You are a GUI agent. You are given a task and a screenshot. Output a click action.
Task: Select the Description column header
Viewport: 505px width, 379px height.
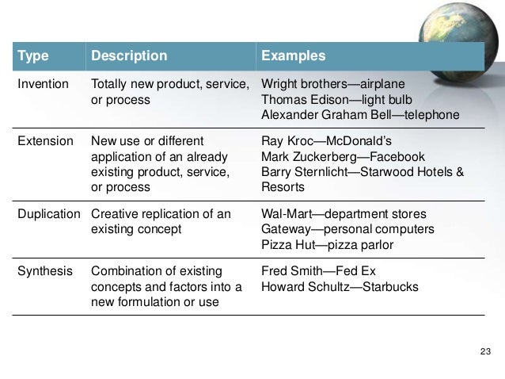[129, 57]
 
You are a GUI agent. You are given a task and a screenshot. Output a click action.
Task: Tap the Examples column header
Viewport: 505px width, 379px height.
[293, 57]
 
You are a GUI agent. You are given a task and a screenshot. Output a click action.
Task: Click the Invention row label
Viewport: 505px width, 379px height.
[42, 85]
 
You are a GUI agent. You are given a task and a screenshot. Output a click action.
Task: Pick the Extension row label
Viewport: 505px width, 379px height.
[44, 142]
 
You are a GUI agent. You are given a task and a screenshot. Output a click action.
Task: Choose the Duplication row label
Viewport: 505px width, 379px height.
[48, 214]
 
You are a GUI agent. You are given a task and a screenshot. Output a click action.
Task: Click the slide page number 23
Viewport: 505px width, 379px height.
[486, 351]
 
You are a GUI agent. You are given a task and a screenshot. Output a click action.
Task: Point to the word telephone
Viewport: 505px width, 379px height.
[427, 115]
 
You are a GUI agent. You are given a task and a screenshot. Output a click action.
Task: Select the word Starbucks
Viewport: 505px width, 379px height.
[389, 287]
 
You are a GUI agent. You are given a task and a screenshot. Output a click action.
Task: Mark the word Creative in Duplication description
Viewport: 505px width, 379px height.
[116, 214]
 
